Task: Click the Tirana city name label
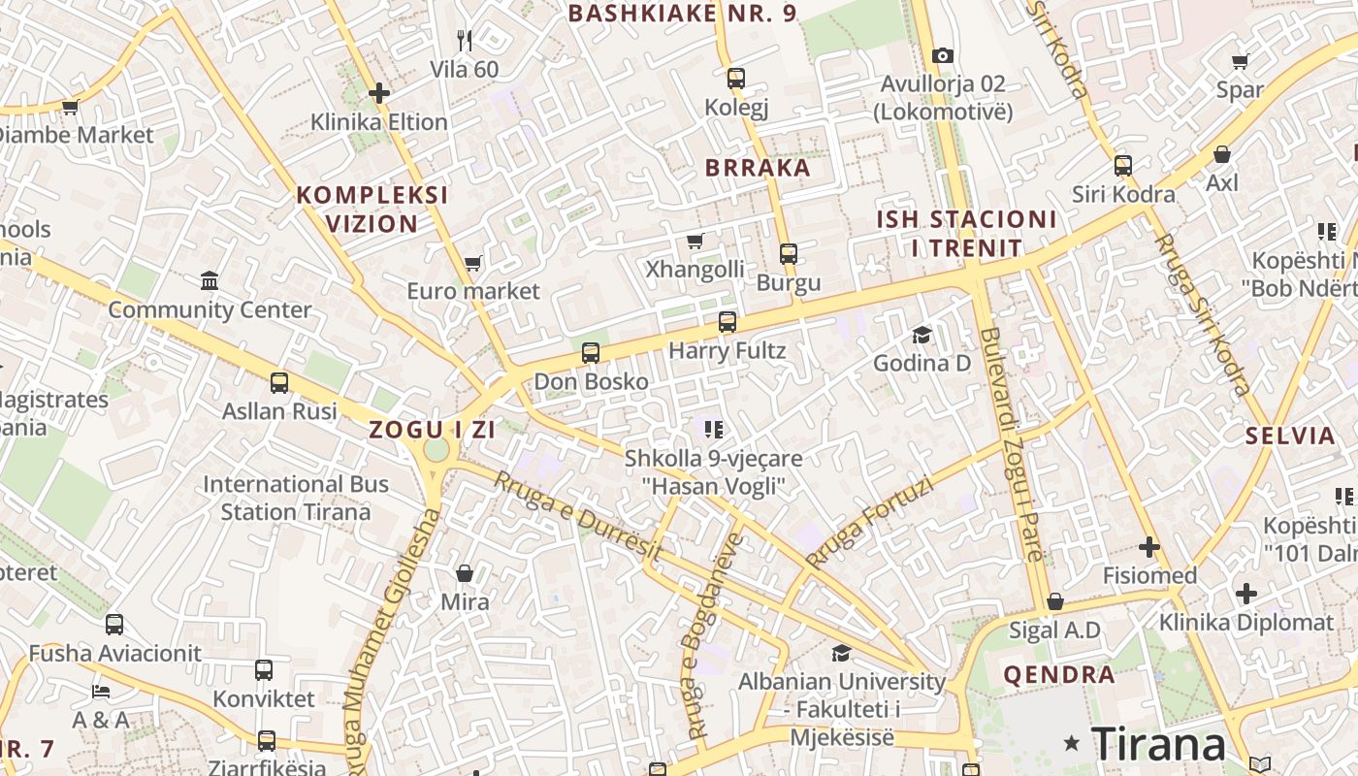click(x=1158, y=744)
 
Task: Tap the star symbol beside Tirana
click(x=1071, y=744)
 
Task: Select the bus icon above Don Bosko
click(x=591, y=353)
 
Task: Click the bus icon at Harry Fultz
click(x=727, y=322)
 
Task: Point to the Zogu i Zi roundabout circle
click(x=436, y=449)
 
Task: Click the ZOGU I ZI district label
click(x=433, y=430)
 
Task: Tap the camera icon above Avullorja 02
click(x=942, y=56)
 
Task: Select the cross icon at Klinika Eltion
click(x=379, y=93)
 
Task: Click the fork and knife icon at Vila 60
click(x=465, y=41)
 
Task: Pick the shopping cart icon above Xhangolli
click(x=695, y=241)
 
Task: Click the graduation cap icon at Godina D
click(x=921, y=335)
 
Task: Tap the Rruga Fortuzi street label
click(x=869, y=523)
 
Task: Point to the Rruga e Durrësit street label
click(x=578, y=516)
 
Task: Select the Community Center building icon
click(x=210, y=281)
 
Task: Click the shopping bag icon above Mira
click(x=465, y=573)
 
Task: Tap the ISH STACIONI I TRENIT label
click(x=966, y=234)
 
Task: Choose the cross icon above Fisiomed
click(x=1149, y=547)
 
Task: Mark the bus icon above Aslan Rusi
click(x=279, y=382)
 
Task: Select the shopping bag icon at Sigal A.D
click(x=1055, y=601)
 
